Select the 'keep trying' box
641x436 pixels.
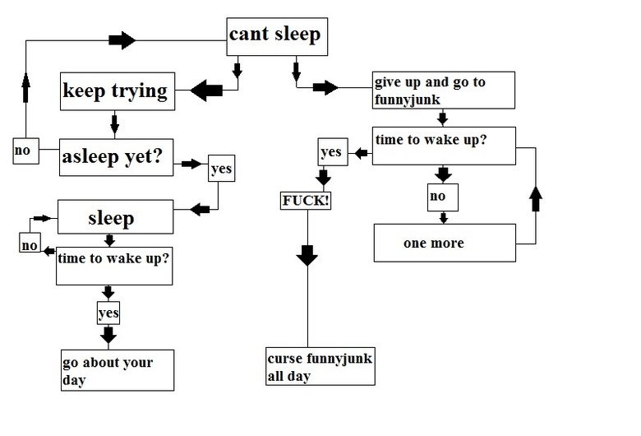point(115,91)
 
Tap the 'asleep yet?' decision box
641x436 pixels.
point(115,157)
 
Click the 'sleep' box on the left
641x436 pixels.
point(114,218)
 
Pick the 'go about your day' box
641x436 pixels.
point(117,369)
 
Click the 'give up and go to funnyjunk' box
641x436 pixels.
point(444,90)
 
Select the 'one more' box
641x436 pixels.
point(444,243)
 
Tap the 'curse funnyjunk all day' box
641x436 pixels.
point(320,367)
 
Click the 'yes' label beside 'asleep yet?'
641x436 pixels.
point(221,169)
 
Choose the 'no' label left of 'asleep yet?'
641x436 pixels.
point(24,151)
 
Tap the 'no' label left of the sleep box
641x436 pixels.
point(30,244)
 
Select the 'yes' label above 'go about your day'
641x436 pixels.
point(108,313)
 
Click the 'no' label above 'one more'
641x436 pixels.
point(442,197)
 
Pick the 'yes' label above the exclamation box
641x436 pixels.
point(330,152)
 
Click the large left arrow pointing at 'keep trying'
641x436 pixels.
point(206,90)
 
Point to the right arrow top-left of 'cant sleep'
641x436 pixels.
point(122,39)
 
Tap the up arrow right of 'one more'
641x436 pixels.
point(536,198)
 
